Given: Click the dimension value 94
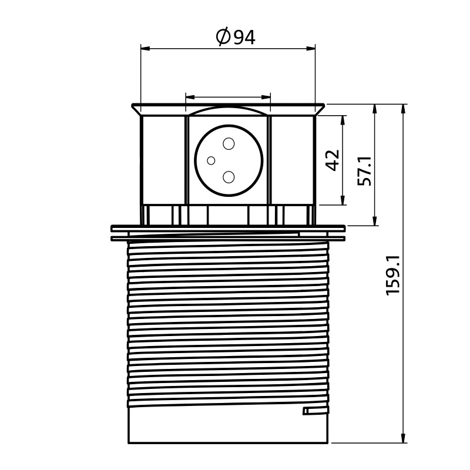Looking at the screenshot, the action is [244, 37].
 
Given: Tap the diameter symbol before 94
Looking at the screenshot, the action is [223, 36].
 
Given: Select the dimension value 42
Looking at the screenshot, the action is [332, 160].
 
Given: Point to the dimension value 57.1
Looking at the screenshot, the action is [364, 171].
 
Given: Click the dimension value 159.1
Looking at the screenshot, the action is [393, 276].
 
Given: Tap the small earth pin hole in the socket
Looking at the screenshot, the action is [211, 160].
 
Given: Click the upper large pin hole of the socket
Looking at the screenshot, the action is [229, 144].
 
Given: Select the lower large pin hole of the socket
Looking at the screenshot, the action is [229, 177].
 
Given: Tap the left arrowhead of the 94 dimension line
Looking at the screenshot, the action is [145, 48].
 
